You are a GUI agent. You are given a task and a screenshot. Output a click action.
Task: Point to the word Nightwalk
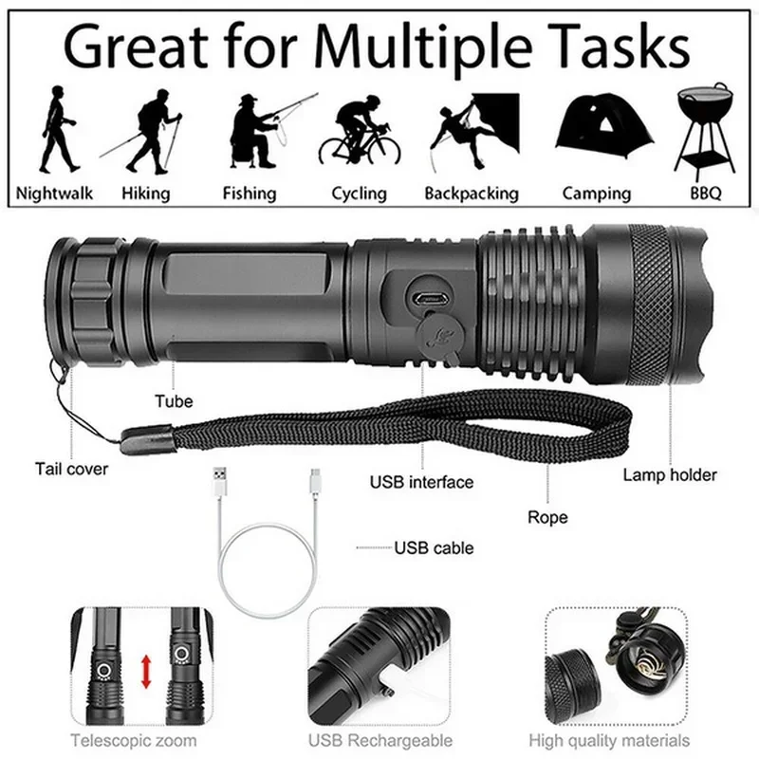(55, 193)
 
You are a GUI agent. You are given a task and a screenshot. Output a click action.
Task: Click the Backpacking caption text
(472, 193)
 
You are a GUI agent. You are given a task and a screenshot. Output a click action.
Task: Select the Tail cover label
(72, 469)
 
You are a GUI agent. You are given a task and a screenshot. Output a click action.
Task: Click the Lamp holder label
(670, 474)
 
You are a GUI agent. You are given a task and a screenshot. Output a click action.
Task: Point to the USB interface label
(421, 482)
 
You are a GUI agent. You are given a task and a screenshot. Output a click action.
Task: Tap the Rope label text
(547, 517)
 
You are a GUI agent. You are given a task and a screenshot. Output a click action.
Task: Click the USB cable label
(434, 547)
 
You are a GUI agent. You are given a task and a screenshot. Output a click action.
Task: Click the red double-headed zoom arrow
(146, 671)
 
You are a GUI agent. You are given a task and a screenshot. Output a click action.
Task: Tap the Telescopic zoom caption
(134, 740)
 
